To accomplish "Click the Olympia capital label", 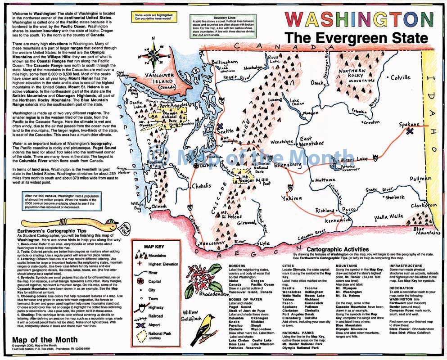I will pos(208,166).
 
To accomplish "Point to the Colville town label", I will pos(400,77).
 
